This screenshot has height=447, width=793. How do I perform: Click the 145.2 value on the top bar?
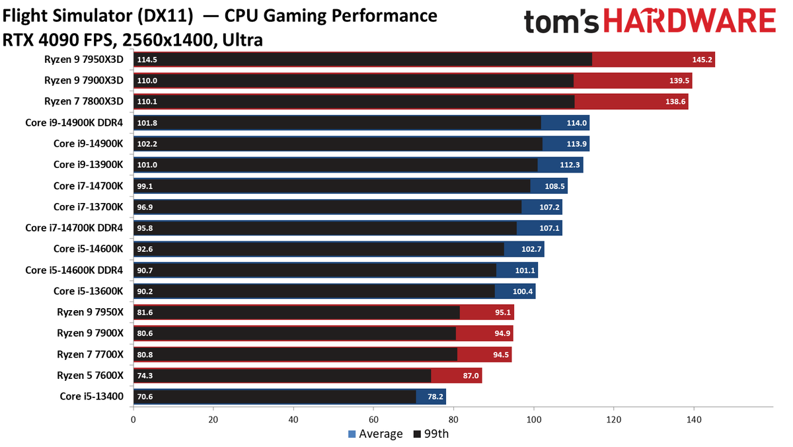[702, 60]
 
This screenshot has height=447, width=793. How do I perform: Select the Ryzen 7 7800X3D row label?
[84, 101]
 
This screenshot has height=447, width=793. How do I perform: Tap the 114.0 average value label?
[577, 123]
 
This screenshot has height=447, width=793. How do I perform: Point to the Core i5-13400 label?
[92, 396]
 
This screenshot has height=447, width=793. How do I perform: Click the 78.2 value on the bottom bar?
[435, 397]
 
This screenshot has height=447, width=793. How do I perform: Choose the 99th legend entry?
[431, 434]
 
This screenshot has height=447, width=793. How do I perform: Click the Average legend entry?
[375, 434]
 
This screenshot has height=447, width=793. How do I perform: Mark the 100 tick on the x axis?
[534, 420]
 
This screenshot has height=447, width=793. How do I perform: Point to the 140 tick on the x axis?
[694, 420]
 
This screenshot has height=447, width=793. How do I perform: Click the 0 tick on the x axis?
[133, 420]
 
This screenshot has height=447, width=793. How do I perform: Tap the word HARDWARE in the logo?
[690, 20]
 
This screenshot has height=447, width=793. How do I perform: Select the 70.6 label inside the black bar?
[145, 397]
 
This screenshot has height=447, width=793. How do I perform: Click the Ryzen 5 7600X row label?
[91, 375]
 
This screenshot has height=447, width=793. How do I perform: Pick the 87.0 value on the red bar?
[471, 376]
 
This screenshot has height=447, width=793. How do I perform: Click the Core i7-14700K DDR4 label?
[74, 227]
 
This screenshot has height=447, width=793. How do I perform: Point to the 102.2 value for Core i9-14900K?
[147, 143]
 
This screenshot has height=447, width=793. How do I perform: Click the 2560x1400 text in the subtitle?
[167, 40]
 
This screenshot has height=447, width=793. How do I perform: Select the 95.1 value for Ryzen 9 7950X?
[503, 312]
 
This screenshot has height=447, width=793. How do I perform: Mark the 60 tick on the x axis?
[373, 420]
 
